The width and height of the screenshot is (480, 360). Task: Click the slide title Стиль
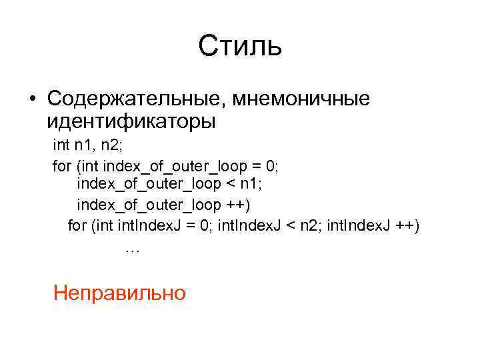(x=240, y=47)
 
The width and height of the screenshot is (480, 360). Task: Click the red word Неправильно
(x=119, y=292)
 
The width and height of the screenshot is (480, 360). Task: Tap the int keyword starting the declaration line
(x=62, y=145)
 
